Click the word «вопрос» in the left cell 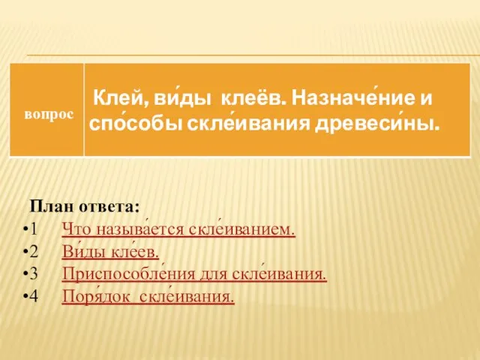coord(49,115)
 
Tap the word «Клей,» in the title coord(119,99)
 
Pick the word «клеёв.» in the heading coord(253,98)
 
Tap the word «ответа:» coord(109,207)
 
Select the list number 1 coord(34,229)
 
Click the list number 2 coord(34,251)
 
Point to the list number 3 coord(34,273)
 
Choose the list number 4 coord(34,295)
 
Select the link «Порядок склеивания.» coord(148,295)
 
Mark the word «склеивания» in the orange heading coord(248,124)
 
